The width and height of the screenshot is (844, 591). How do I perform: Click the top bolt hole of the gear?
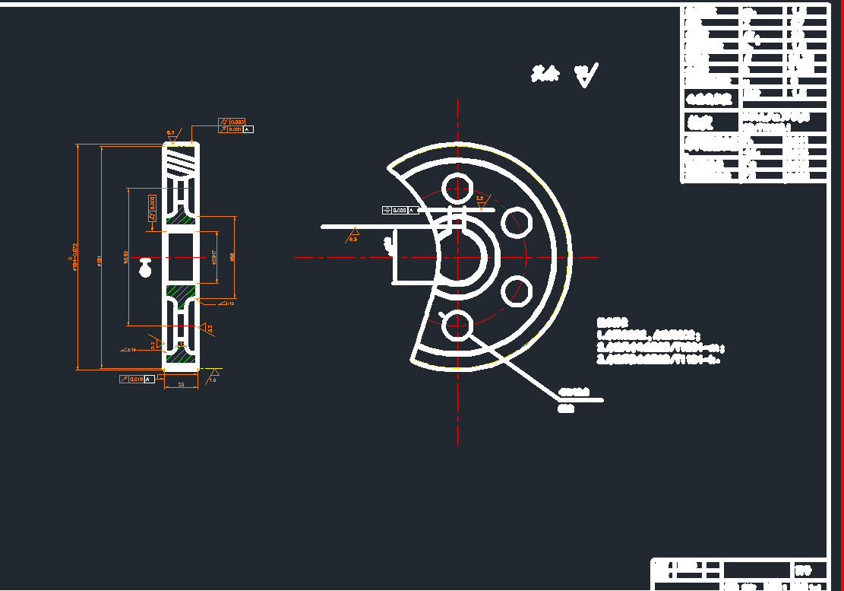tap(457, 186)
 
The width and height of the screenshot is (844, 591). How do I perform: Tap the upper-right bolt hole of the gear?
tap(517, 221)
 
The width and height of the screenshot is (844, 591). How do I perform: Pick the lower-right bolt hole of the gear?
tap(517, 290)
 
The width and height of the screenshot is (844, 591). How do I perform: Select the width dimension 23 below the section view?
tap(181, 385)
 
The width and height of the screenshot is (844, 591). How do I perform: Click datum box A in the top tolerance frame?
tap(248, 129)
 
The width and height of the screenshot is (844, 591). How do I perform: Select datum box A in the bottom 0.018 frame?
tap(150, 378)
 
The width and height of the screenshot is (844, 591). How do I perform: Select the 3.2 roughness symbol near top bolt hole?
tap(480, 201)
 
